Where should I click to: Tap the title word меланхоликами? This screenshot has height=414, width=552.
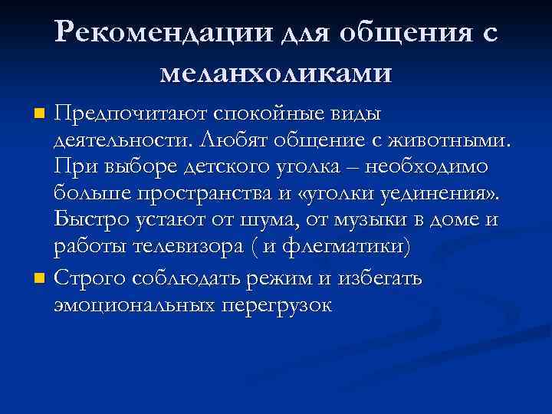(276, 72)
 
